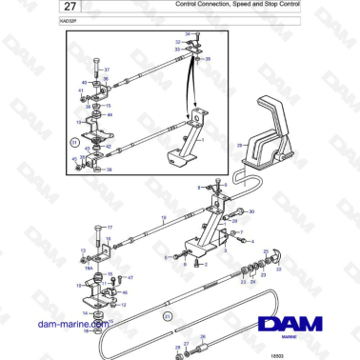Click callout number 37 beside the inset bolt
point(106,70)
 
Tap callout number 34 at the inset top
point(188,34)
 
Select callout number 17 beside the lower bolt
point(110,228)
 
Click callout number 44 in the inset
point(110,113)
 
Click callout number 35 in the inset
point(210,59)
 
